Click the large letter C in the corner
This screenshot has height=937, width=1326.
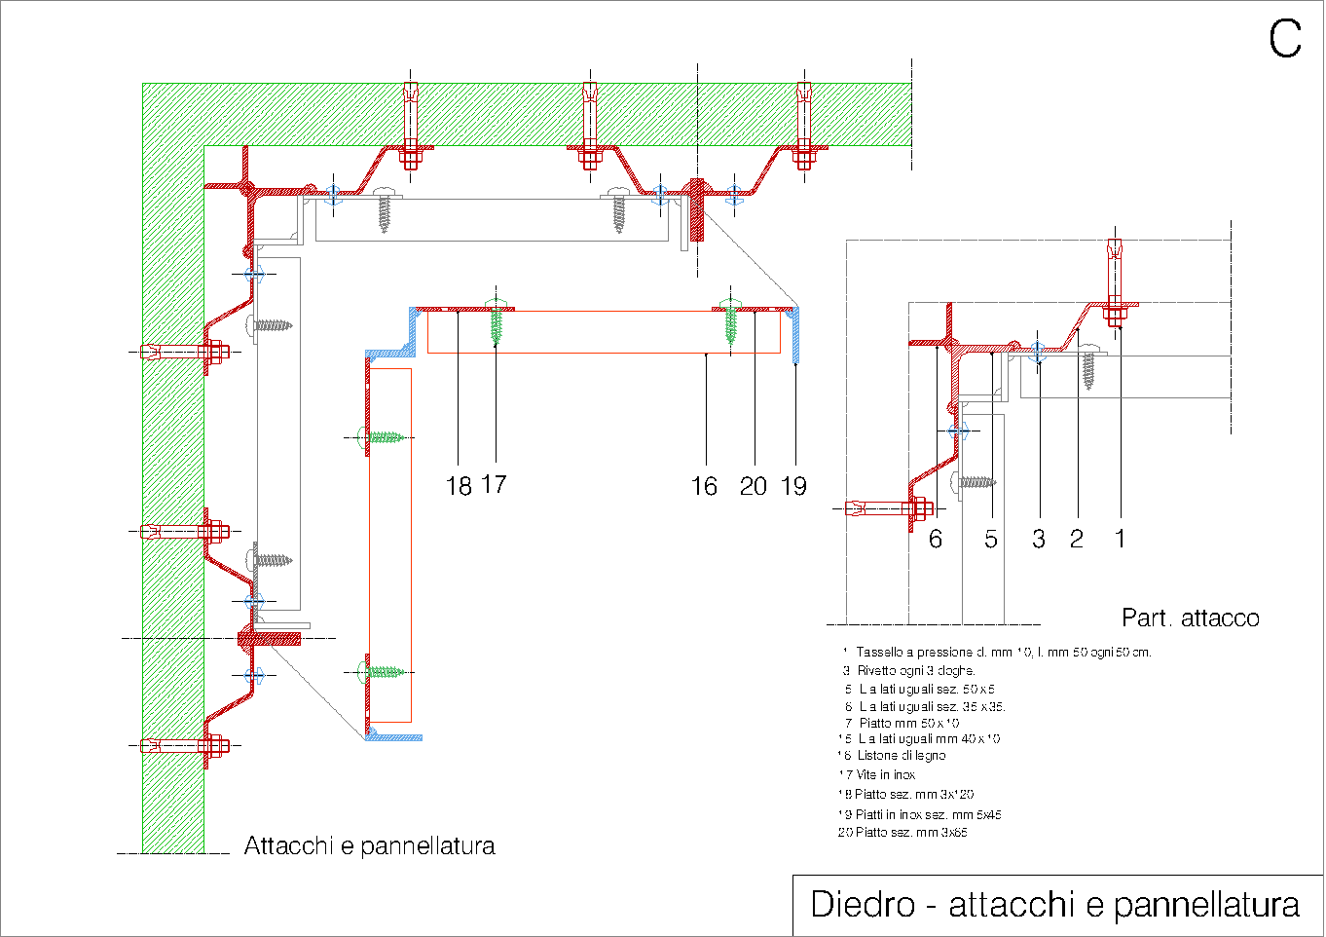coord(1284,40)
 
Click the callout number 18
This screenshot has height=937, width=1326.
coord(459,486)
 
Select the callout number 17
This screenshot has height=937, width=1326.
coord(494,484)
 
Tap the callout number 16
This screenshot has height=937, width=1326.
coord(704,486)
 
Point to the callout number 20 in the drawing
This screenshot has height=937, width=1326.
coord(754,486)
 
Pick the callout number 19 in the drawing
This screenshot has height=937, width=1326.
coord(794,486)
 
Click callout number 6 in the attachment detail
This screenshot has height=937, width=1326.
coord(936,539)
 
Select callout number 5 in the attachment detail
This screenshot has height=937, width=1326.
coord(991,539)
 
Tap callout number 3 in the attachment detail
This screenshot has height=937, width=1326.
coord(1039,539)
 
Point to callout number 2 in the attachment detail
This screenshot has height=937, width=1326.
coord(1077,539)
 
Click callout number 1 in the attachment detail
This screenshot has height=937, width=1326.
coord(1120,539)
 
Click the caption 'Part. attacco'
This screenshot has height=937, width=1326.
coord(1190,618)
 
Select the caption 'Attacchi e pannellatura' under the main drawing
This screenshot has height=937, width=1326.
coord(369,846)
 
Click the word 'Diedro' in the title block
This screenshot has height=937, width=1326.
coord(863,905)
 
